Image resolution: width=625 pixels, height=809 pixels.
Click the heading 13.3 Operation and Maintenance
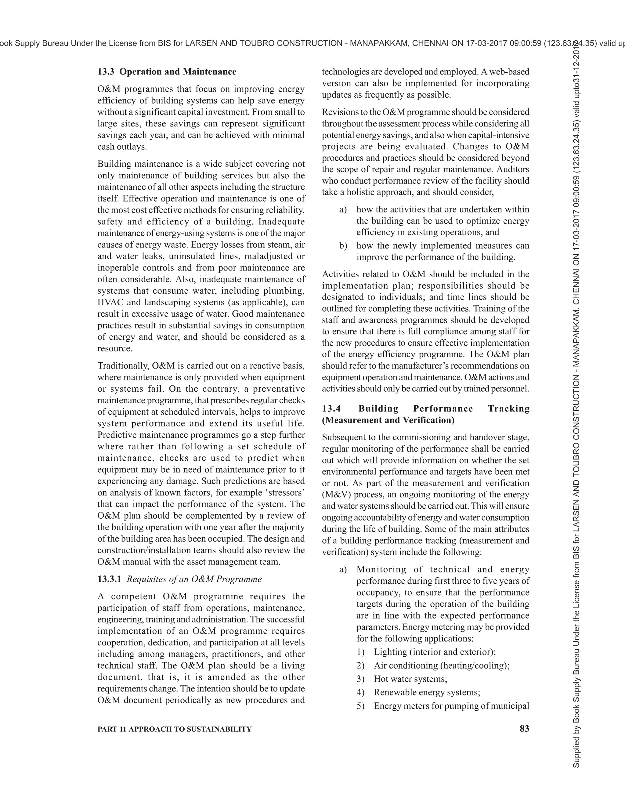[x=167, y=71]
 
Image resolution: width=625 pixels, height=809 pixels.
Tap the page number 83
[x=524, y=729]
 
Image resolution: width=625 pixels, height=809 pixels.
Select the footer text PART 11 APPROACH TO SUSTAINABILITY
[x=174, y=729]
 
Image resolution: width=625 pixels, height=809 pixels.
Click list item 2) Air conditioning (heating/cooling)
[x=441, y=665]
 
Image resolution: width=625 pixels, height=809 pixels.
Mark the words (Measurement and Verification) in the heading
[x=388, y=420]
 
